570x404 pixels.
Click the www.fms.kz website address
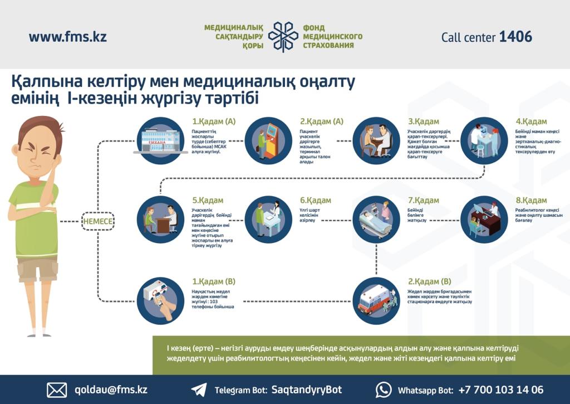coord(67,37)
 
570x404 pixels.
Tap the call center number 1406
coord(515,37)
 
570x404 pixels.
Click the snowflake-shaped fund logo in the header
coord(283,37)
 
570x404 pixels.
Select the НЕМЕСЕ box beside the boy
coord(98,221)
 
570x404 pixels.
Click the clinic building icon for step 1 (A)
coord(160,140)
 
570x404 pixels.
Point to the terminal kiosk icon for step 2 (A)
coord(268,140)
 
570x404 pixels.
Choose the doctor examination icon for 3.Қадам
coord(376,140)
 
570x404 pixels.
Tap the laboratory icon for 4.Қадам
coord(484,140)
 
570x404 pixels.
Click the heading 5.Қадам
coord(208,201)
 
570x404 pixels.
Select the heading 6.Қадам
coord(315,201)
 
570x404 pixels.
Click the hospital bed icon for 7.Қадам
coord(376,220)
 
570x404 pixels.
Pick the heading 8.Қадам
coord(531,201)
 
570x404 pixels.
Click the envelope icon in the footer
coord(57,390)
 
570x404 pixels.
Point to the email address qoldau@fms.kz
coord(111,390)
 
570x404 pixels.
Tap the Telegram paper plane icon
coord(199,390)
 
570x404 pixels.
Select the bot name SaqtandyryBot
coord(306,390)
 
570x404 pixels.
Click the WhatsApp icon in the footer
coord(384,390)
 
